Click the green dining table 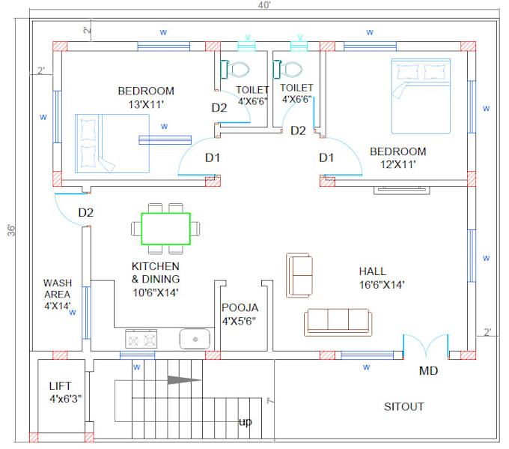coord(165,229)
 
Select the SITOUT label coord(403,407)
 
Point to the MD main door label coord(428,371)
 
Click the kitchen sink coord(196,339)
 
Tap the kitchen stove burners coord(141,340)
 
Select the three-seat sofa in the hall coord(338,322)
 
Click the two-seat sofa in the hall coord(300,275)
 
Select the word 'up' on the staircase coord(245,422)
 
